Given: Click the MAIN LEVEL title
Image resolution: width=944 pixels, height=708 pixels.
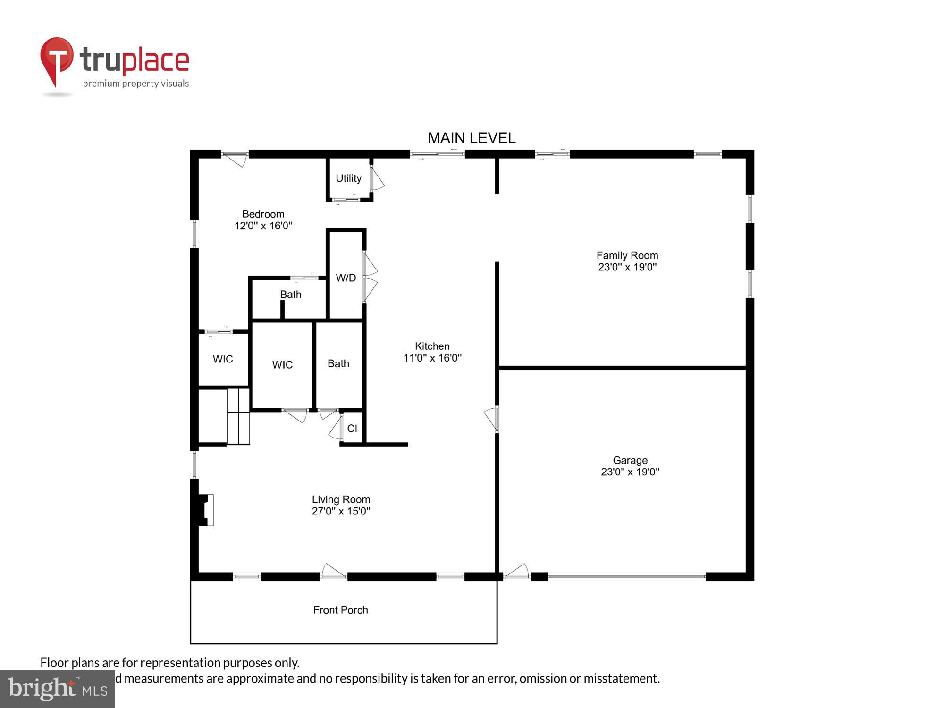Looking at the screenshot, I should tap(471, 138).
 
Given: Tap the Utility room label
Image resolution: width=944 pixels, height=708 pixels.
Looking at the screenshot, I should tap(348, 178).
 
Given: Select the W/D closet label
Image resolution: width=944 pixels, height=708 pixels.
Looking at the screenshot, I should tap(346, 278).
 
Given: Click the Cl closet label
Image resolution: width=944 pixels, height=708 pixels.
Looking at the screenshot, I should tap(352, 429).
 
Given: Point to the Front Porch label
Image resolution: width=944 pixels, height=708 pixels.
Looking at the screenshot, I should tap(340, 610).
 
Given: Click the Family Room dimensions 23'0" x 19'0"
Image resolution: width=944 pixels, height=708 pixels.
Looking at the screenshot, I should tap(627, 267).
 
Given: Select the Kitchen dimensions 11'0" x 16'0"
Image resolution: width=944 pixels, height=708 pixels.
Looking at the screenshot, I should tap(432, 358).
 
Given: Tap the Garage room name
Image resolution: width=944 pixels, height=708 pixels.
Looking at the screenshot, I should tap(630, 460).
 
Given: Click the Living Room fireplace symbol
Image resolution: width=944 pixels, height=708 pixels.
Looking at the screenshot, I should tap(206, 510).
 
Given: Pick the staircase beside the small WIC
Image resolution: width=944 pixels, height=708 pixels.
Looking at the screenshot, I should tap(238, 416).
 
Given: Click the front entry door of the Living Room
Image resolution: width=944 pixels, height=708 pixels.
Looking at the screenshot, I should tap(333, 572).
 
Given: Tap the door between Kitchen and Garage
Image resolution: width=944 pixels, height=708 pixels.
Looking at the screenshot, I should tap(492, 419).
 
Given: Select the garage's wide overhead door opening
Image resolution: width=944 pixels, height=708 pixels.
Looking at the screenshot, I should tap(626, 576).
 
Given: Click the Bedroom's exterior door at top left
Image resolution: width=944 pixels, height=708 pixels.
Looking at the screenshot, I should tap(235, 158).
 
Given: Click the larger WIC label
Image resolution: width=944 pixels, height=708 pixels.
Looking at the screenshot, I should tap(282, 365).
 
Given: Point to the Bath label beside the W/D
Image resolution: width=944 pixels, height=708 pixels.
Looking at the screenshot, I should tap(290, 295).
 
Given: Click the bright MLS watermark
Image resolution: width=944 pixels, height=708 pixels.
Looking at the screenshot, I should tap(58, 689).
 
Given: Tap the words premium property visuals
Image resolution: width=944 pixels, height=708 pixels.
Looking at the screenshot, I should tap(136, 84).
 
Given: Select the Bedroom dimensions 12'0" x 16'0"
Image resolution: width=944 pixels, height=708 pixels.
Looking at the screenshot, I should tap(263, 226).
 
